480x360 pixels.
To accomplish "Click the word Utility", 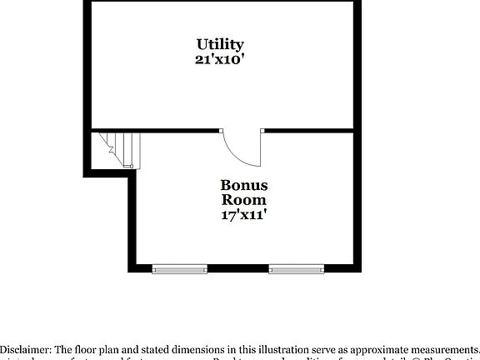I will [220, 44].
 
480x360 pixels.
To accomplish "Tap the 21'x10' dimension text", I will [220, 59].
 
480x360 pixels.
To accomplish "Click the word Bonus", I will [243, 185].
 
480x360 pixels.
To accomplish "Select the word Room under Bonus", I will [243, 200].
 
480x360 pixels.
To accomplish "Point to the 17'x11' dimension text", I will [243, 215].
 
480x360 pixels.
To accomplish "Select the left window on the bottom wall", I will [179, 269].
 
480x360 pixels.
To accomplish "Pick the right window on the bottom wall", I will [296, 269].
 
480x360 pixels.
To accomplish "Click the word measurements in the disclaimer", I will [437, 349].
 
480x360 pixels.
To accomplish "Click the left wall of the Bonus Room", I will [131, 221].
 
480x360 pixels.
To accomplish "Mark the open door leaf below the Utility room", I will [261, 148].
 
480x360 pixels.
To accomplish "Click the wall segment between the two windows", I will [237, 269].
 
